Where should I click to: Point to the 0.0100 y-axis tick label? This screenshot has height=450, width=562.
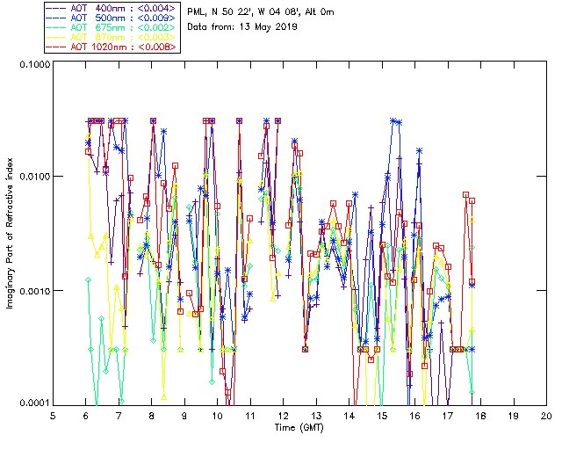[x=31, y=178]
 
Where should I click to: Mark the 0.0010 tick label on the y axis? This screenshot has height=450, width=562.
[x=31, y=291]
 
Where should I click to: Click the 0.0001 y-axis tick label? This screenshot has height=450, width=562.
[x=31, y=403]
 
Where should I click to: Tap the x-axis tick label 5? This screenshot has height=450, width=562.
[x=53, y=416]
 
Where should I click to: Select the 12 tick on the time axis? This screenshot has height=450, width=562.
[x=284, y=416]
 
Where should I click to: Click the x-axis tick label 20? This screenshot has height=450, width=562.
[x=546, y=416]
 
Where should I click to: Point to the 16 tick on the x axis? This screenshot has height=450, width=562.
[x=414, y=416]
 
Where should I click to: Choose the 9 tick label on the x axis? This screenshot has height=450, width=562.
[x=184, y=416]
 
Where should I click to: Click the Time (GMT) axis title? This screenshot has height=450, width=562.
[x=299, y=428]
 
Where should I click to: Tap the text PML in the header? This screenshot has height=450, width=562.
[x=198, y=11]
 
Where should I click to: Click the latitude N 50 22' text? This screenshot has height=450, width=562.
[x=231, y=11]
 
